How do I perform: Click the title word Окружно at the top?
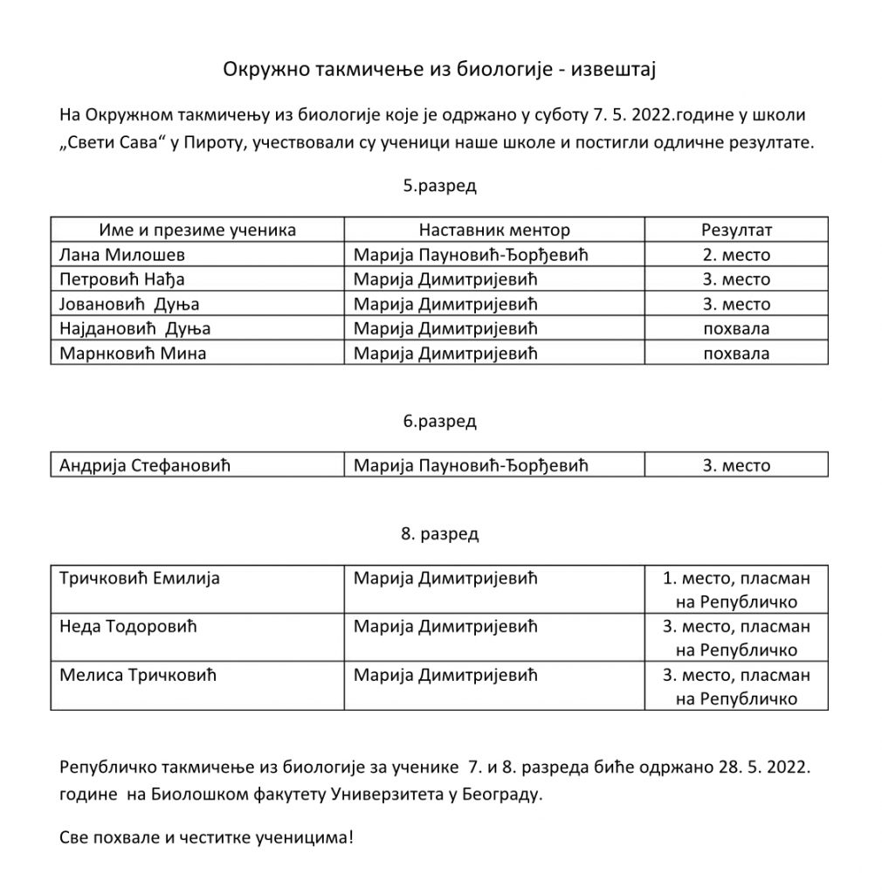[x=258, y=68]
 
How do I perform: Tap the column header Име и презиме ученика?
[x=197, y=230]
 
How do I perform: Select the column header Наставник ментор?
[x=494, y=230]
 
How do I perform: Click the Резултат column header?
[x=736, y=230]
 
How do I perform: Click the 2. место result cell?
[x=736, y=255]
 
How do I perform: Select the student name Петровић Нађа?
[x=122, y=279]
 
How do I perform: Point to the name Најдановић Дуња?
[x=135, y=329]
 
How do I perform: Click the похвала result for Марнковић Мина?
[x=736, y=354]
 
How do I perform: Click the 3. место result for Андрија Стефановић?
[x=736, y=465]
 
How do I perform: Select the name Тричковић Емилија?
[x=140, y=578]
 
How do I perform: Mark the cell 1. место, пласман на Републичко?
[x=736, y=589]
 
